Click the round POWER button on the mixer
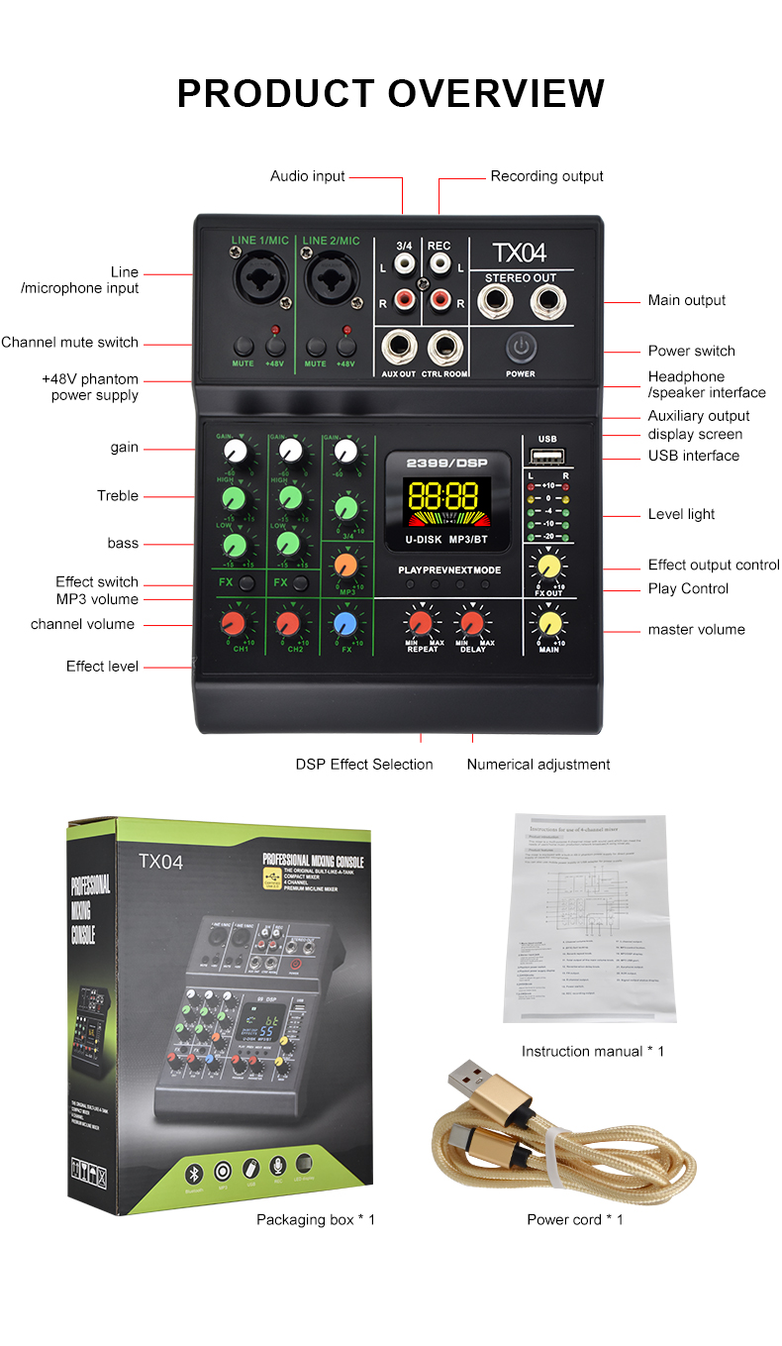click(x=520, y=348)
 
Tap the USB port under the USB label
click(x=547, y=457)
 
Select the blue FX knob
click(x=344, y=623)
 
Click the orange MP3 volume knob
click(x=344, y=565)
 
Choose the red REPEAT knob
click(x=421, y=622)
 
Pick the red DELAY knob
click(x=472, y=622)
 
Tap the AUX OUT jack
click(x=399, y=348)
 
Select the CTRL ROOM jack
click(x=444, y=348)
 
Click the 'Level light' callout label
click(x=681, y=514)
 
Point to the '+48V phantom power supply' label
click(x=90, y=387)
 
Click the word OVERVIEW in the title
click(x=496, y=93)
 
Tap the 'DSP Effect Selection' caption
click(x=364, y=764)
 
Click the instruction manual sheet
click(x=590, y=917)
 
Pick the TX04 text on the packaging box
click(x=160, y=862)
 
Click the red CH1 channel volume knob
click(x=234, y=623)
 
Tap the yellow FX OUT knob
click(x=547, y=567)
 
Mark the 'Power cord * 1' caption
click(x=575, y=1219)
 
